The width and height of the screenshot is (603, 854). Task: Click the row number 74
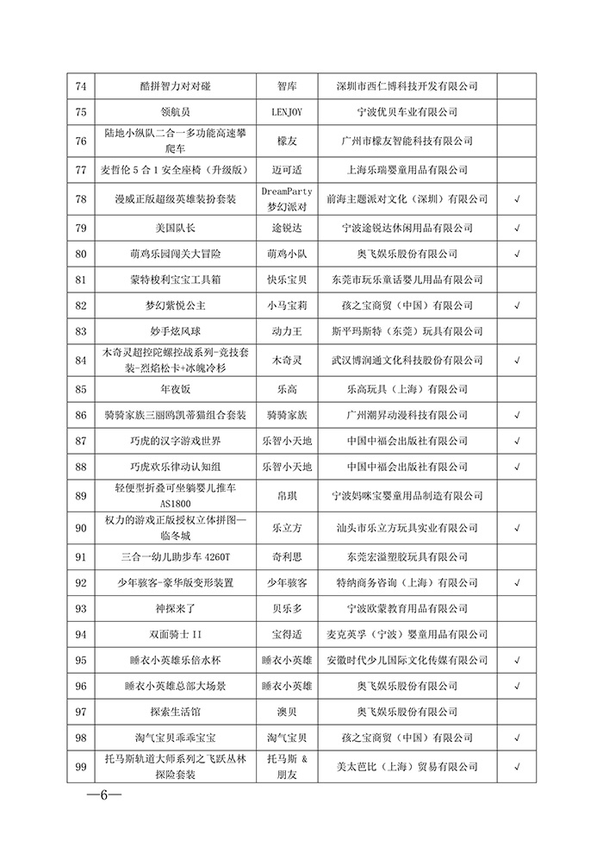(x=82, y=86)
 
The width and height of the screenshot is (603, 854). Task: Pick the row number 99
(x=82, y=766)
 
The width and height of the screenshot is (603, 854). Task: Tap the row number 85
(x=82, y=389)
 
